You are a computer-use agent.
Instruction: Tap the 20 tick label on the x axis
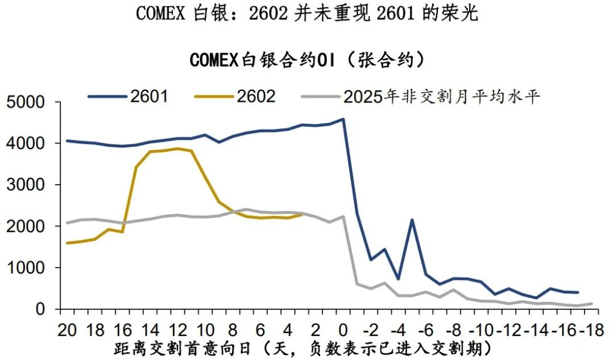click(67, 329)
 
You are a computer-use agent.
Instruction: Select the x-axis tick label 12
click(179, 329)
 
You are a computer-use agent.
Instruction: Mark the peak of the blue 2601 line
click(343, 119)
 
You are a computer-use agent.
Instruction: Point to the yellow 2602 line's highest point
click(177, 148)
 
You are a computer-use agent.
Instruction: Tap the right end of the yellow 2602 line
click(302, 214)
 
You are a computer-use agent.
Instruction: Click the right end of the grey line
click(592, 304)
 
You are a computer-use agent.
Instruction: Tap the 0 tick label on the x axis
click(343, 329)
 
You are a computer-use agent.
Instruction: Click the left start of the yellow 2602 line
click(68, 243)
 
